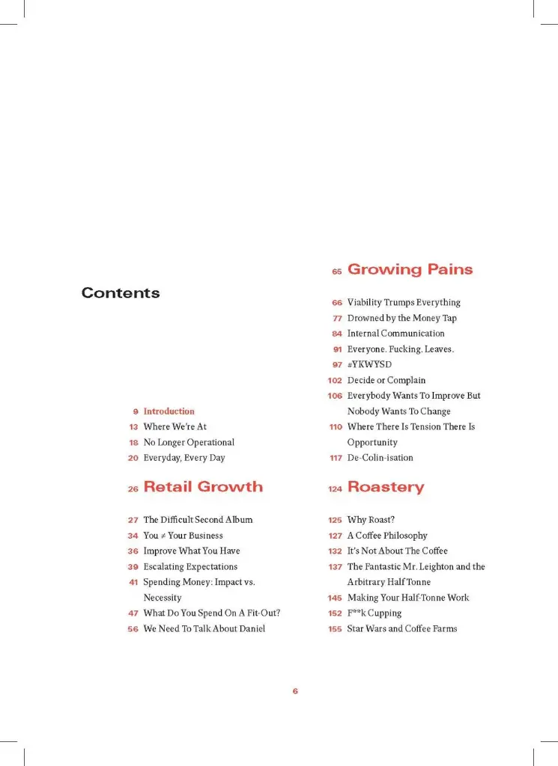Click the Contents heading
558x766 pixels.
pos(121,293)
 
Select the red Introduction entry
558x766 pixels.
pos(169,411)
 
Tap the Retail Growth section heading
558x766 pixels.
pos(203,487)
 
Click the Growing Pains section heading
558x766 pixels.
pos(410,269)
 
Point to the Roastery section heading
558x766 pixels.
pos(385,487)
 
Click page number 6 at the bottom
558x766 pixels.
pos(295,691)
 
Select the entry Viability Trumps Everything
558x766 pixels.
pos(404,303)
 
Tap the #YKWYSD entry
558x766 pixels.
pos(370,364)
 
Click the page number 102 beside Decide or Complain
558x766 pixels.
pos(335,380)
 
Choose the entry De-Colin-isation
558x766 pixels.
pos(380,458)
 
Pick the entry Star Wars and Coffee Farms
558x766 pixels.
pos(402,629)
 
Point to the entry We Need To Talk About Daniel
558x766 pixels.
pos(204,629)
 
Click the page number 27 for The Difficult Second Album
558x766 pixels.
pos(133,520)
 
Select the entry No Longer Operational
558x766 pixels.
pos(189,442)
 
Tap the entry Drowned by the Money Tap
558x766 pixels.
pos(401,318)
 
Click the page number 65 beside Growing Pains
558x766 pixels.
pos(337,272)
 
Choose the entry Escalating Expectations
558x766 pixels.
pos(190,567)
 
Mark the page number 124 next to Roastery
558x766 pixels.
pos(334,489)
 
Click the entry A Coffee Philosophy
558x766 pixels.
pos(387,536)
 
